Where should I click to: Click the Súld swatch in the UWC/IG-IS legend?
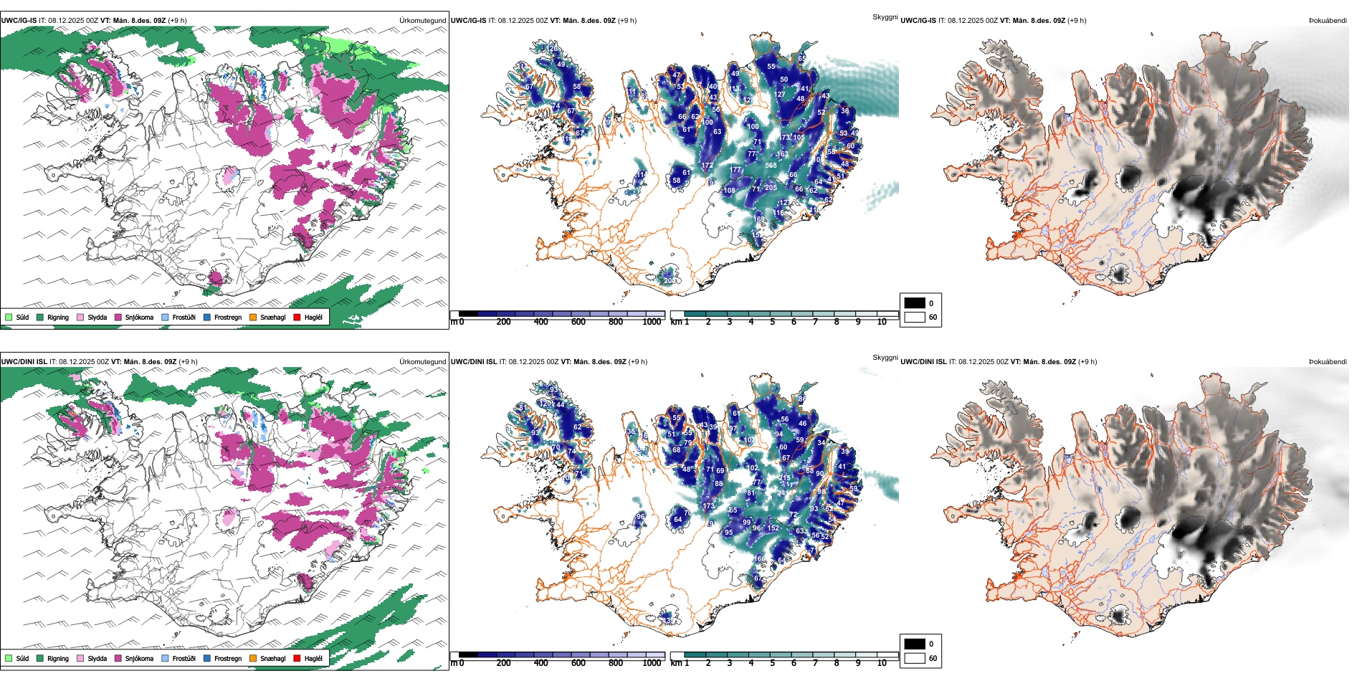9,317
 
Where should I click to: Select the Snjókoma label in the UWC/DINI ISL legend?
139,658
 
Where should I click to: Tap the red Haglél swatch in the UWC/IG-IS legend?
297,317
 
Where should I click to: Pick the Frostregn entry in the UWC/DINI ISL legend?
227,658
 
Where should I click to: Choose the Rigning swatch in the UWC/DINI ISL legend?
40,658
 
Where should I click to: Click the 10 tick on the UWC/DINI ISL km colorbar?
882,663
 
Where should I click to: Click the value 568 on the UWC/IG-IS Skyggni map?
771,166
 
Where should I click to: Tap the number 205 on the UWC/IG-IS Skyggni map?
771,188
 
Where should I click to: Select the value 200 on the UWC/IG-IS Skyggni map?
669,281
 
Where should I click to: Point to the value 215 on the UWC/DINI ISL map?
785,478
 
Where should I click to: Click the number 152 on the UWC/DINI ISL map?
773,528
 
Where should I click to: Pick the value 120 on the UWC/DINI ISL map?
545,404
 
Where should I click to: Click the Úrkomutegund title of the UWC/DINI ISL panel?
422,362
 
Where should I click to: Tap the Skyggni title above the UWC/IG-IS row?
885,17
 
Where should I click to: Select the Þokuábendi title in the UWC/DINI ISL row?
1328,362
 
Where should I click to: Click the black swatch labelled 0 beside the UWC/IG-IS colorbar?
915,303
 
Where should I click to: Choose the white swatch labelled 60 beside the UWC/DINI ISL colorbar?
915,658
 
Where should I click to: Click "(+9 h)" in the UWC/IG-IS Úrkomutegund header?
177,21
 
